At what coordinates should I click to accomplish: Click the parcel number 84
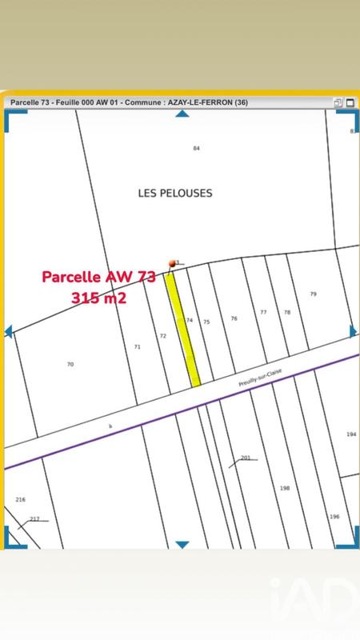coord(196,149)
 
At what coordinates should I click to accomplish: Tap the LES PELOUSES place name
coord(175,193)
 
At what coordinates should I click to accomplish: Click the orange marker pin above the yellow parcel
coord(172,263)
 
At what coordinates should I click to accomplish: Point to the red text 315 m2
coord(98,297)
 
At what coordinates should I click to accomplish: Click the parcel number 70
coord(70,364)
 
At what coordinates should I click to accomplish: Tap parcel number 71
coord(137,346)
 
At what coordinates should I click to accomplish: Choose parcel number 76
coord(234,318)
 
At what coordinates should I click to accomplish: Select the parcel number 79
coord(313,294)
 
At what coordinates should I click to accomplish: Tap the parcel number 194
coord(350,434)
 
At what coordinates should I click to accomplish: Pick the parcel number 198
coord(284,487)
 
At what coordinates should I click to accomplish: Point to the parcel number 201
coord(246,458)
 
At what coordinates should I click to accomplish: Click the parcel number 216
coord(20,499)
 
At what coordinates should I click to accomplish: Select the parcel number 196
coord(334,517)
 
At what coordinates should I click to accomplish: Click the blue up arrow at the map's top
coord(182,114)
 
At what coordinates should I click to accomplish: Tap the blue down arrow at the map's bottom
coord(182,545)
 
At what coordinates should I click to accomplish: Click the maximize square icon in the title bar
coord(338,102)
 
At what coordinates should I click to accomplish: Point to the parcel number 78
coord(287,312)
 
